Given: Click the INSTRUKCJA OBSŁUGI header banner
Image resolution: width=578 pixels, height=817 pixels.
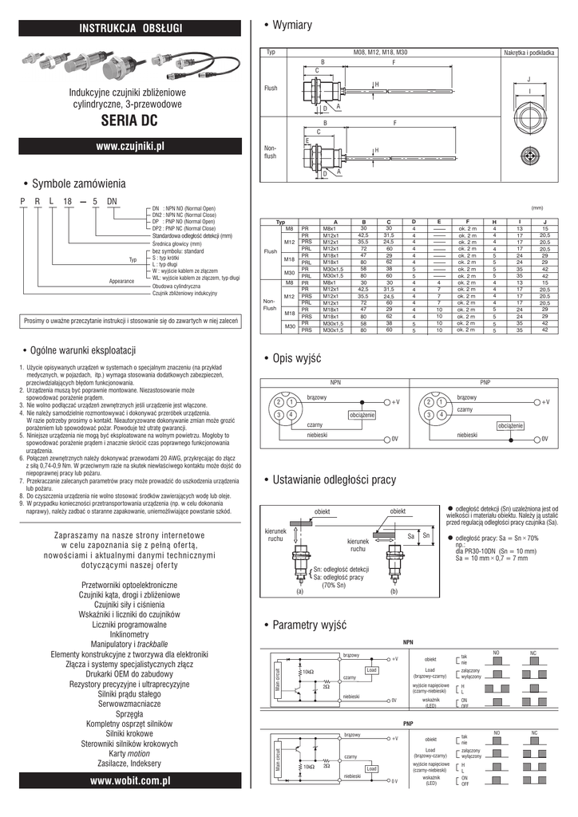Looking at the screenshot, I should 131,29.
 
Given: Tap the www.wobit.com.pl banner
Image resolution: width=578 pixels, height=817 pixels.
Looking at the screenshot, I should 131,786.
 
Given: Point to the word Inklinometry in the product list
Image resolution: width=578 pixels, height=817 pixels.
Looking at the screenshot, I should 130,634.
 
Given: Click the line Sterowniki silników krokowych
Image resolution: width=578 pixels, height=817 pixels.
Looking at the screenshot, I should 130,742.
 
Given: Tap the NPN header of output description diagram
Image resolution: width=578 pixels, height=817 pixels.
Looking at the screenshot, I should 335,382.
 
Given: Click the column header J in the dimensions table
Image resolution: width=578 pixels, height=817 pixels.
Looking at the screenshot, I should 544,221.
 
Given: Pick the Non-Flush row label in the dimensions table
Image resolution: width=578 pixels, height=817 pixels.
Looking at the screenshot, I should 270,303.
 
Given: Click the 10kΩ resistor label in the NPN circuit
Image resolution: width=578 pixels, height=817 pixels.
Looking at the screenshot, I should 307,671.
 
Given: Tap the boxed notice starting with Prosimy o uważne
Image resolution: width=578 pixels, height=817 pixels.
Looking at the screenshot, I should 131,321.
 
